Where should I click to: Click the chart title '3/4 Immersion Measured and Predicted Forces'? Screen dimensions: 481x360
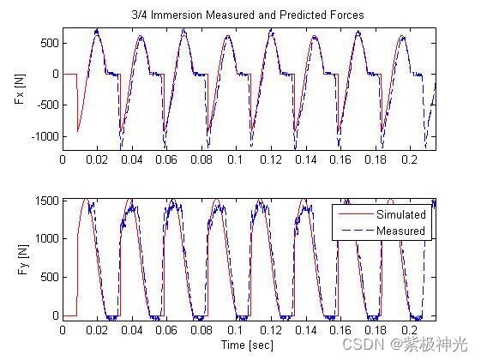tap(248, 15)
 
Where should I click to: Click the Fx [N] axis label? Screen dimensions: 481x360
tap(20, 88)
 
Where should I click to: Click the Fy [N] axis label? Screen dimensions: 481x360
tap(23, 260)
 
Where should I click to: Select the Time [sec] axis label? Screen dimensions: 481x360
tap(247, 345)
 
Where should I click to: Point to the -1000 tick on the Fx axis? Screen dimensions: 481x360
tap(45, 136)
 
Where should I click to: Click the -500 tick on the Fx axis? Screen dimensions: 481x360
tap(48, 105)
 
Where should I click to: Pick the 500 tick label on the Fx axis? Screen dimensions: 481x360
tap(50, 43)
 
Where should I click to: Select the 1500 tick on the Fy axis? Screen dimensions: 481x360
tap(46, 201)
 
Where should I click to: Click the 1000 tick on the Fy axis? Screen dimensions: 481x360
tap(46, 238)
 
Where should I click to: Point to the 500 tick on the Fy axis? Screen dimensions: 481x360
tap(50, 277)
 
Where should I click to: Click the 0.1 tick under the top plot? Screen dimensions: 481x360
tap(236, 159)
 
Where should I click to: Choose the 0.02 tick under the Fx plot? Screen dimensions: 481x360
tap(97, 159)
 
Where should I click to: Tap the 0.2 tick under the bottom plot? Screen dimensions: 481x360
tap(410, 330)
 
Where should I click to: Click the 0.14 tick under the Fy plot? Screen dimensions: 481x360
tap(305, 330)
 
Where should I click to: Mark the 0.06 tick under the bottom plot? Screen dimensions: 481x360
tap(166, 330)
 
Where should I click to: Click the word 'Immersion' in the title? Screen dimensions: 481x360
tap(177, 15)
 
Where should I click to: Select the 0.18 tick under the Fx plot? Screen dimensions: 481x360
tap(376, 159)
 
